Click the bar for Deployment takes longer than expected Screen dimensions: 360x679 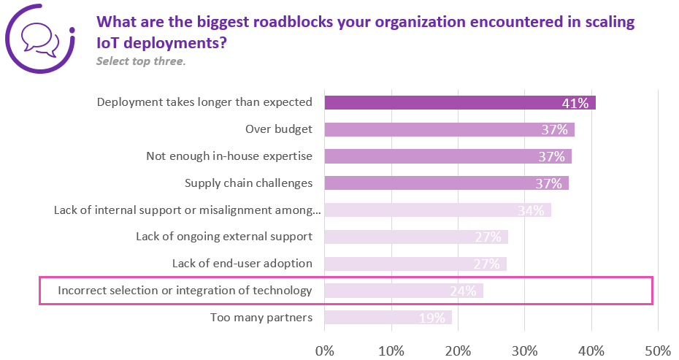(459, 103)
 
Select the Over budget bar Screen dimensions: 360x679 (449, 130)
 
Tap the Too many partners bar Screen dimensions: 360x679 (388, 318)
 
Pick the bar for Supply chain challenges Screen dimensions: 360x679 (446, 183)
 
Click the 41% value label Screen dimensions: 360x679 (575, 103)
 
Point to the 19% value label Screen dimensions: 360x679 (431, 318)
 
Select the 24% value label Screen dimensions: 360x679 (463, 291)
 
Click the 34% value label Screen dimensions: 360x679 (531, 210)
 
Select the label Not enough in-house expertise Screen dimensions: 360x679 (229, 156)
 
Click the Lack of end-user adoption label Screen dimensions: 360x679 (242, 264)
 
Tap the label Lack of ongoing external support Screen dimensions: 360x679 (224, 237)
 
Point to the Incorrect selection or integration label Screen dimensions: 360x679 (185, 291)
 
